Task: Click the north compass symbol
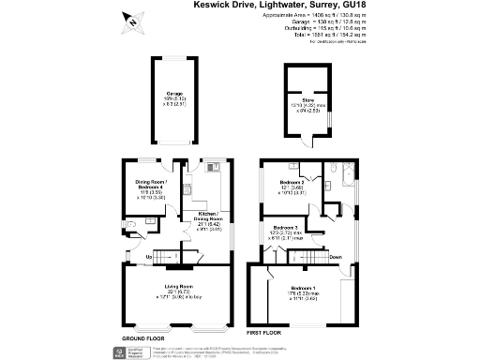coord(131,22)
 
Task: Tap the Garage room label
coord(174,94)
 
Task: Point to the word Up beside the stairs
coord(148,255)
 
